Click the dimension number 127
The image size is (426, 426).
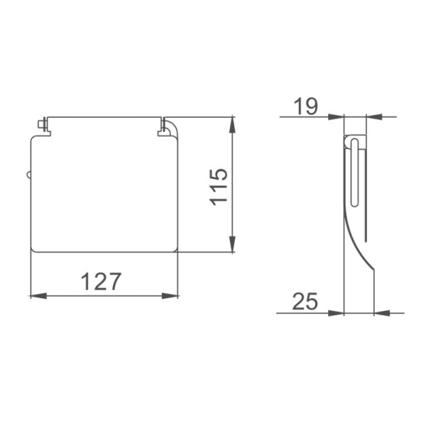[101, 281]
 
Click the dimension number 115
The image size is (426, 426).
[218, 187]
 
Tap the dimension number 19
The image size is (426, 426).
[305, 106]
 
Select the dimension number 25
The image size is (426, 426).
[305, 301]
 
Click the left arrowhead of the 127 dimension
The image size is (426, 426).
[38, 296]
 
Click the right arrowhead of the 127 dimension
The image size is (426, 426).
[170, 296]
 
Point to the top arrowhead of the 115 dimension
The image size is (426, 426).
[232, 125]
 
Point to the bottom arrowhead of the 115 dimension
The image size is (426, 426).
[232, 244]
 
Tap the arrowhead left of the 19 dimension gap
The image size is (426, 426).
[336, 117]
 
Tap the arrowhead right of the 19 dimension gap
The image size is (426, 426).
[374, 117]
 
